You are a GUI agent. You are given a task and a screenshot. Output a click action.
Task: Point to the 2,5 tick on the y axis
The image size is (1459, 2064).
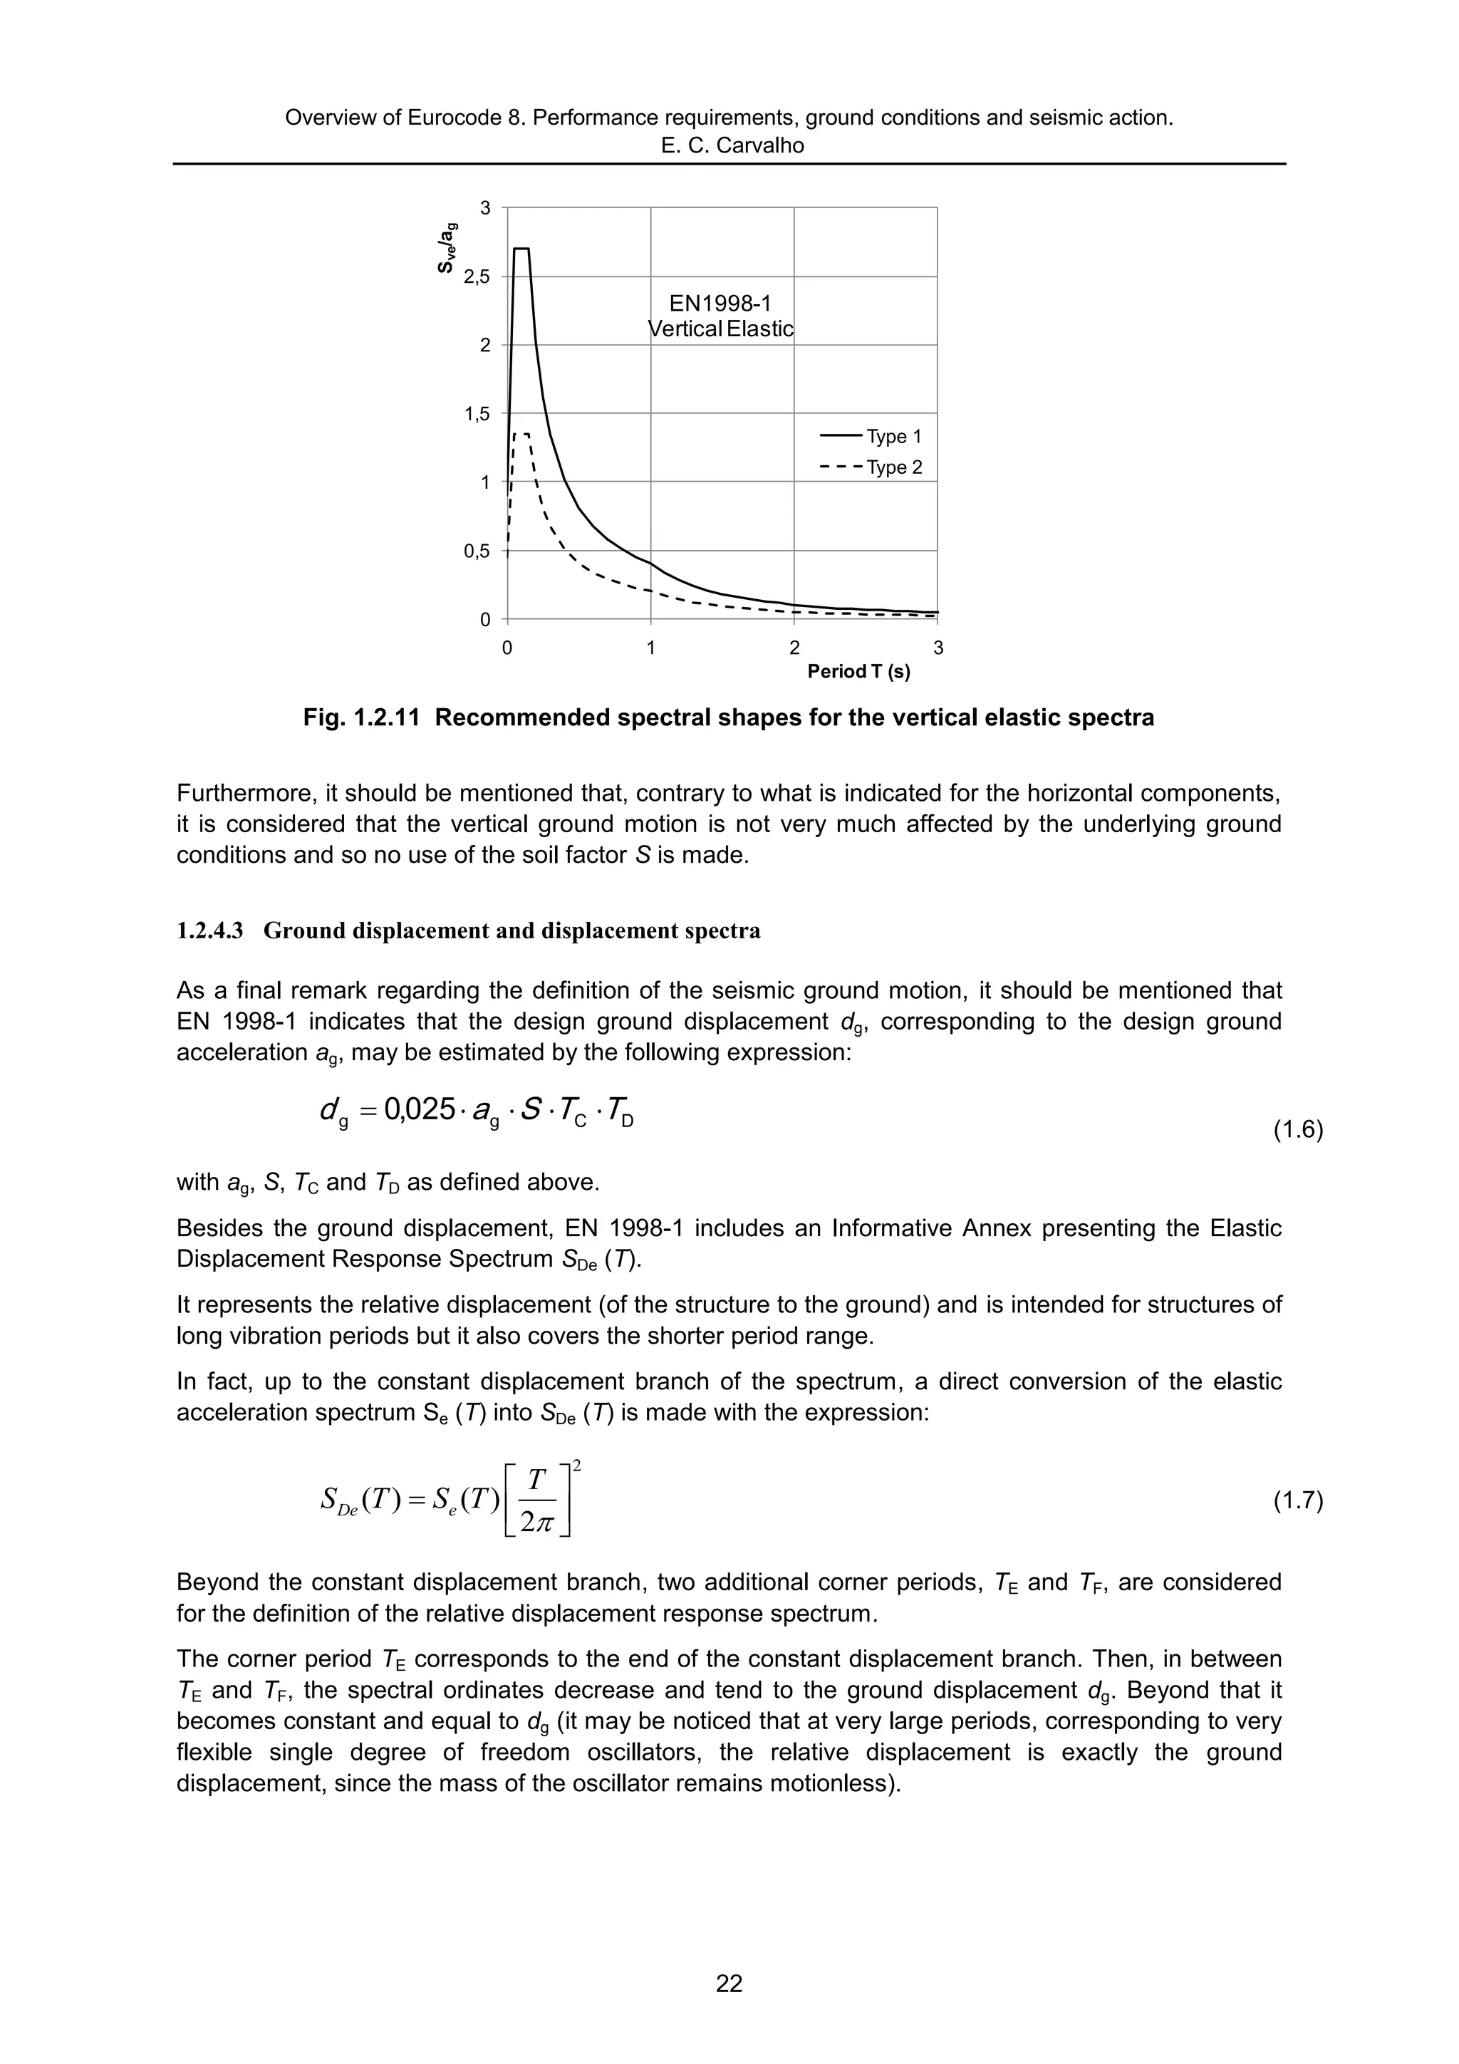tap(477, 277)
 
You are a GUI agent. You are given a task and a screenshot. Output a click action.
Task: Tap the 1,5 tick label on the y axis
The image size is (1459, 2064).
tap(477, 415)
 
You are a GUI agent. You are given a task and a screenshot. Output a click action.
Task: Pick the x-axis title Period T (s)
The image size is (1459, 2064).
tap(858, 673)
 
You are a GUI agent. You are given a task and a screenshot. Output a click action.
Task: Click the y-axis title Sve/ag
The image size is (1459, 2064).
tap(447, 247)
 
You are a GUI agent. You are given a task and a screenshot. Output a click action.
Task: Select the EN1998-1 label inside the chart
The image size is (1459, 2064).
tap(720, 304)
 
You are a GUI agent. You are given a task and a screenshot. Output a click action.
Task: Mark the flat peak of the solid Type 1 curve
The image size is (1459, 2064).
tap(521, 249)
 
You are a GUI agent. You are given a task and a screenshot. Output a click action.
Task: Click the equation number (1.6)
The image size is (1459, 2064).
tap(1298, 1131)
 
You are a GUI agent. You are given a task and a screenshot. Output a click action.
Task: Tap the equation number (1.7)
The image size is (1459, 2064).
tap(1298, 1501)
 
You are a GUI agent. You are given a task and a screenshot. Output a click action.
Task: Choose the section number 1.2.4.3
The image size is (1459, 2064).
tap(209, 931)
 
